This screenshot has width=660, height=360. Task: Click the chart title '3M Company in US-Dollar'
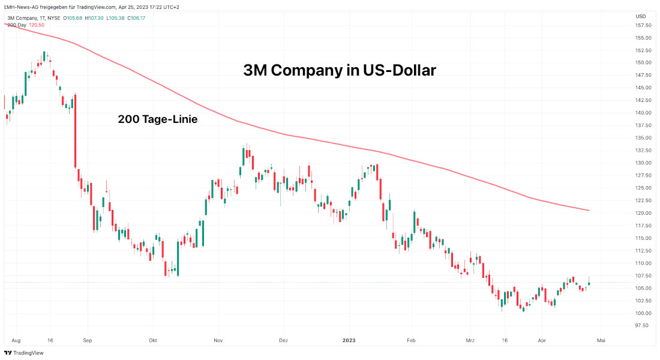(x=340, y=70)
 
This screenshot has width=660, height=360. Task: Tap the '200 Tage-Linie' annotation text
(x=158, y=119)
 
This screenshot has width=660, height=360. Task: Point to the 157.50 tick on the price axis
(x=643, y=25)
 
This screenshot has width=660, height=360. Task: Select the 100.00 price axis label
(x=643, y=313)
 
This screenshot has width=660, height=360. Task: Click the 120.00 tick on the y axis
(x=643, y=213)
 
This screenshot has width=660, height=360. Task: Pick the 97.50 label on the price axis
(x=643, y=326)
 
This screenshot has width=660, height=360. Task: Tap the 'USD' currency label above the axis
(x=640, y=16)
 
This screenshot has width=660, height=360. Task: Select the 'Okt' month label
(x=153, y=340)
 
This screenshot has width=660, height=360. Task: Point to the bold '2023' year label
(x=349, y=340)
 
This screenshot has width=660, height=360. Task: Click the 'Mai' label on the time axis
(x=601, y=340)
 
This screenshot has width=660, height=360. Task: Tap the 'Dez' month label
(x=283, y=340)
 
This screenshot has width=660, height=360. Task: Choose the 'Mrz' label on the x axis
(x=470, y=340)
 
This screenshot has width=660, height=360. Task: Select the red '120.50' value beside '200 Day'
(x=37, y=25)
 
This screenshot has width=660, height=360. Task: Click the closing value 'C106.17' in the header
(x=135, y=18)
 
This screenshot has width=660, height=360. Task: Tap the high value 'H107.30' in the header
(x=94, y=18)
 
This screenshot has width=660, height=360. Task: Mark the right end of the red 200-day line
(x=589, y=210)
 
